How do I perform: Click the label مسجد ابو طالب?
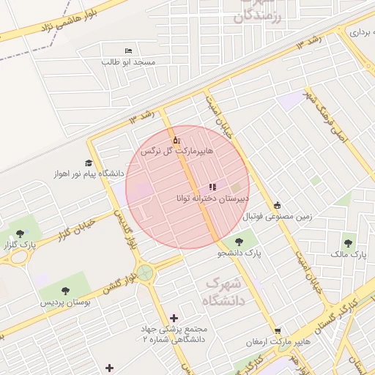tap(129, 62)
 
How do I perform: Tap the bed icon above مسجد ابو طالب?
tap(129, 51)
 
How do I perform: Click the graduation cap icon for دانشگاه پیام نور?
tap(89, 163)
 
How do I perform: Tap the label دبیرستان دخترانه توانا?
tap(212, 198)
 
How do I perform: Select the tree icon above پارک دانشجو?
tap(239, 242)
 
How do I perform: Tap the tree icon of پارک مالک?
tap(348, 242)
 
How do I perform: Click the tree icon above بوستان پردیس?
tap(66, 290)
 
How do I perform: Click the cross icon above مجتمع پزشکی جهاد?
tap(174, 317)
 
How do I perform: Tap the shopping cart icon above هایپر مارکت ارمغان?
tap(278, 331)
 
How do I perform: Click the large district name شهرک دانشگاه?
tap(223, 290)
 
